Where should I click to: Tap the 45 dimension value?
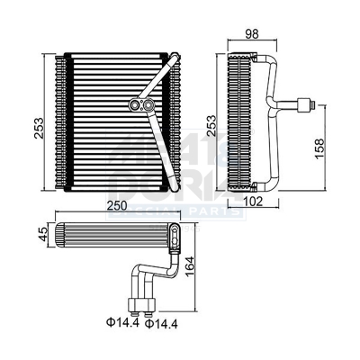click(x=43, y=236)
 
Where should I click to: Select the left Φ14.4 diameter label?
click(x=120, y=322)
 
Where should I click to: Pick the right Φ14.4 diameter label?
click(x=160, y=322)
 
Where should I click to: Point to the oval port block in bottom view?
click(x=172, y=236)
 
